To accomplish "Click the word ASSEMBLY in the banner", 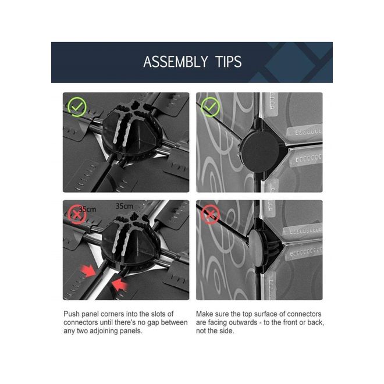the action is [175, 62].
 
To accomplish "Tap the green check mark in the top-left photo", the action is [77, 107].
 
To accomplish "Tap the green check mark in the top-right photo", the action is [210, 107].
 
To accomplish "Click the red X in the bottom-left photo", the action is [77, 215].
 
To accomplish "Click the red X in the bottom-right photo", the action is [210, 215].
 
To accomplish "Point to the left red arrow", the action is [88, 271].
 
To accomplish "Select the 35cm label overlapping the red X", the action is [87, 209].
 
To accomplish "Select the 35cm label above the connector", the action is [124, 207].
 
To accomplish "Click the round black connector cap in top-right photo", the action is [259, 152].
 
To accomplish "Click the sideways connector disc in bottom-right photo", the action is [255, 248].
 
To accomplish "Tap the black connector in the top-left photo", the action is [131, 132].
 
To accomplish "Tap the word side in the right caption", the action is [226, 331].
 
